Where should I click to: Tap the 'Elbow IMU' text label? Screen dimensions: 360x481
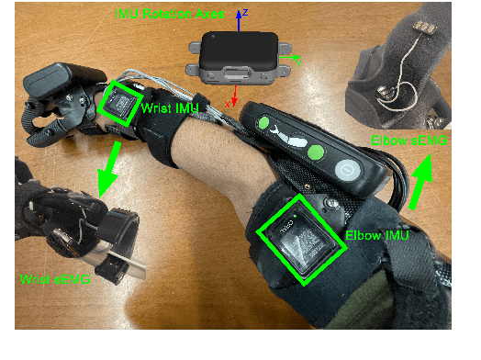376,236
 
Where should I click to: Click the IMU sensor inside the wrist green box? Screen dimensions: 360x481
119,104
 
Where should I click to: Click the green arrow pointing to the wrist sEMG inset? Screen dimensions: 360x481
106,170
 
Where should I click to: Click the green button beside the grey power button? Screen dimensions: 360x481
317,153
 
